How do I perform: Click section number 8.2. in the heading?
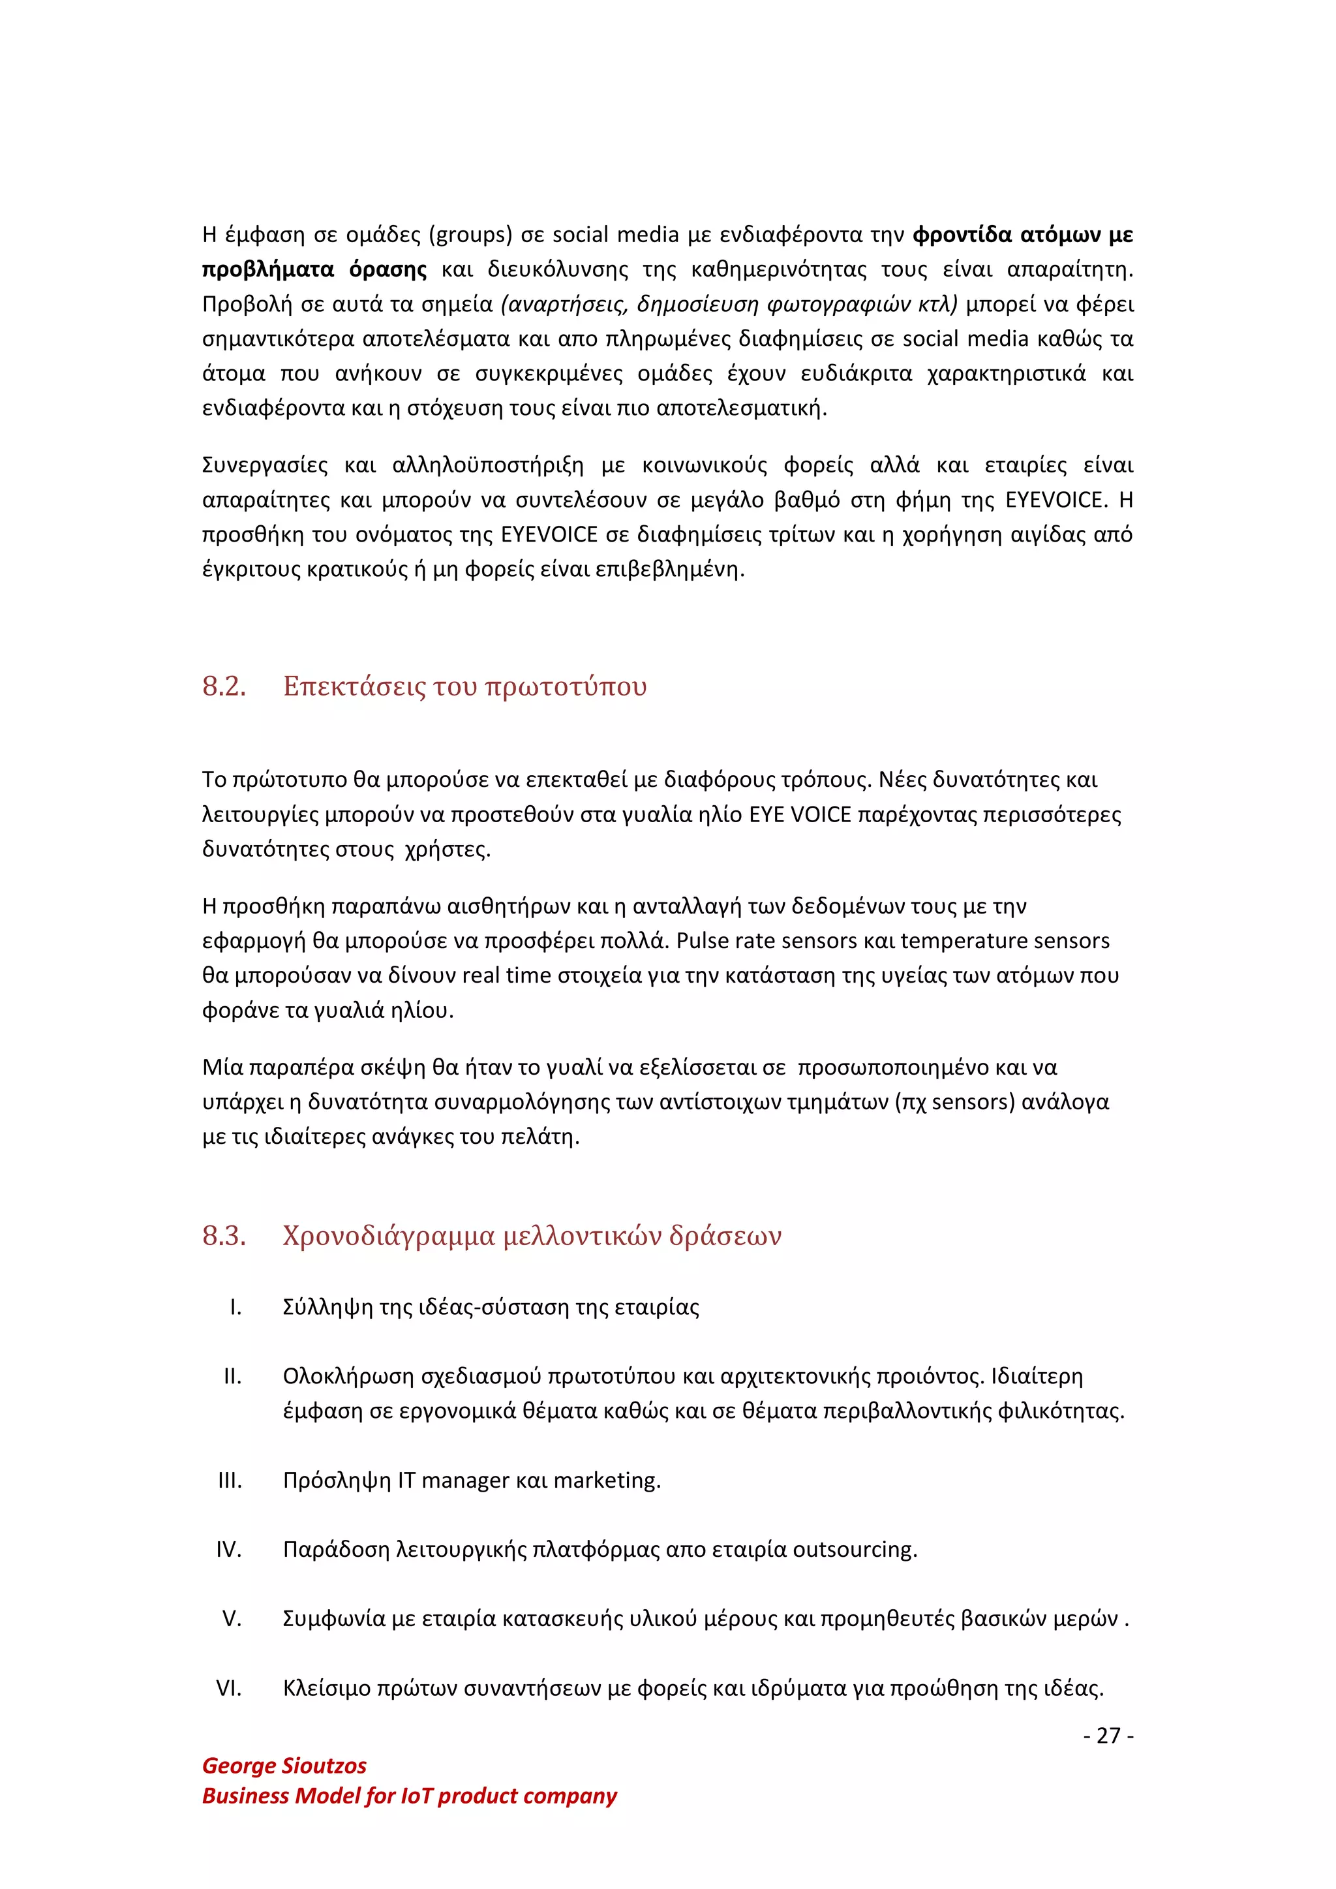(x=224, y=686)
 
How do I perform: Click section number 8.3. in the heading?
(x=224, y=1236)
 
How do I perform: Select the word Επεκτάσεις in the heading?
(x=353, y=686)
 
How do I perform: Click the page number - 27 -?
(x=1108, y=1735)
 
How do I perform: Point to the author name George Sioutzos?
(x=284, y=1766)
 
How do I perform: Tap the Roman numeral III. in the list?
(x=230, y=1480)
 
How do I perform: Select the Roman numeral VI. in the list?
(x=229, y=1688)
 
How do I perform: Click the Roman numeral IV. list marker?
(x=229, y=1549)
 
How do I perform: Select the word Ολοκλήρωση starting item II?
(x=348, y=1376)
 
